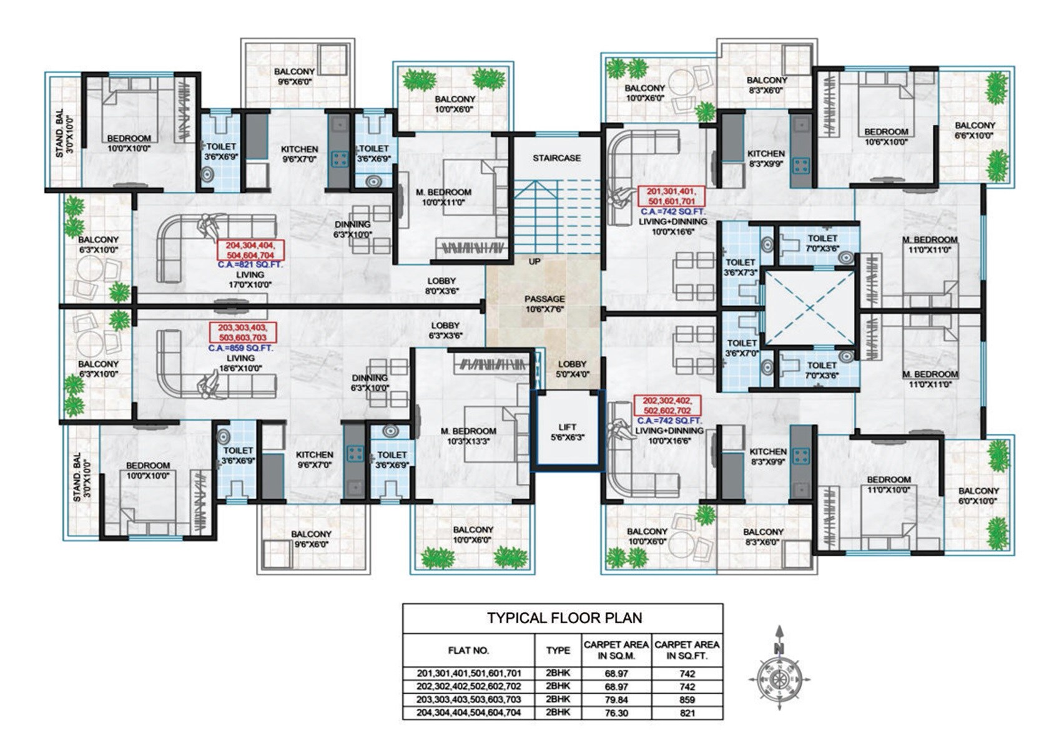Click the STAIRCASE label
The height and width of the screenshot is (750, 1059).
click(x=556, y=158)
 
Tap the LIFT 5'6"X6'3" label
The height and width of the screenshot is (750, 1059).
click(x=568, y=432)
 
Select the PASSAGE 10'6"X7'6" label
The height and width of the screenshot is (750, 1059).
click(x=544, y=304)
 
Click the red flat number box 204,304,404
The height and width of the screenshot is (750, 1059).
click(x=250, y=250)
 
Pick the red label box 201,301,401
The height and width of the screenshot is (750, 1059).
click(x=671, y=196)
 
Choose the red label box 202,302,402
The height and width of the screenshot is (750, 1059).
click(x=667, y=405)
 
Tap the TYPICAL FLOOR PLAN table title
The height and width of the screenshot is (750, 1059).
click(x=564, y=618)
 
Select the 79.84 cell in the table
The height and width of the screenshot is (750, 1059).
click(x=616, y=699)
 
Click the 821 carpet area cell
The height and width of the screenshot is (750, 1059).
click(x=687, y=712)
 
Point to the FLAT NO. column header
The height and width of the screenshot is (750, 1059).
click(x=468, y=651)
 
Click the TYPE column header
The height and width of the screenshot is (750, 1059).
click(x=558, y=651)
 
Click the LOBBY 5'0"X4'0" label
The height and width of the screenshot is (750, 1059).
click(x=572, y=369)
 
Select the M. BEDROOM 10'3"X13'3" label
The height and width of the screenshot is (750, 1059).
click(x=468, y=436)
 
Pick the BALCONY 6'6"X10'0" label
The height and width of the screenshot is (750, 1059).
click(x=975, y=130)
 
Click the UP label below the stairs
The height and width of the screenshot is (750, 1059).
click(x=534, y=261)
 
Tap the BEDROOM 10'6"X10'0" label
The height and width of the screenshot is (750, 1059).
click(x=885, y=136)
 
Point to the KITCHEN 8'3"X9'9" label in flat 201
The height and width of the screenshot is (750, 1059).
click(x=766, y=158)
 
